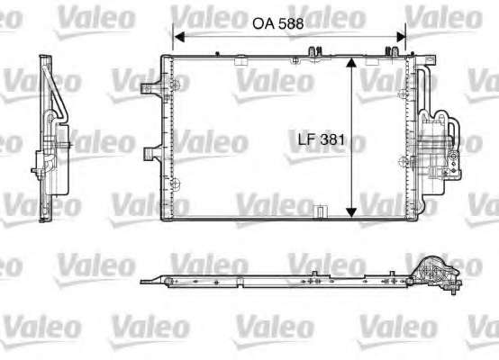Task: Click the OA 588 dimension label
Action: click(277, 24)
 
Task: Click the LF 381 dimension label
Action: click(322, 139)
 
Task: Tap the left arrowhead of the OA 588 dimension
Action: click(179, 37)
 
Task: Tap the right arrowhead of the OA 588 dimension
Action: click(401, 37)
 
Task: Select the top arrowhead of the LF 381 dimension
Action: click(350, 63)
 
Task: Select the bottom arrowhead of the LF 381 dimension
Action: click(350, 212)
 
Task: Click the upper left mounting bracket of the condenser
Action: click(152, 88)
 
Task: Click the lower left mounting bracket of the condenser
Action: click(153, 154)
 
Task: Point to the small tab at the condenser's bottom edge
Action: click(320, 211)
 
